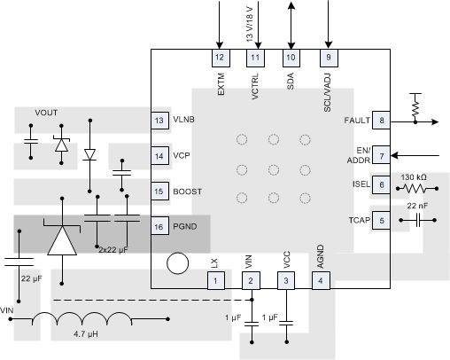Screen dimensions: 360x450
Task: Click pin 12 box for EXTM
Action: click(220, 57)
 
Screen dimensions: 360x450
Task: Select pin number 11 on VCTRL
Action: click(255, 57)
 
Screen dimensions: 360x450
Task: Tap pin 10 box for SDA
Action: click(291, 57)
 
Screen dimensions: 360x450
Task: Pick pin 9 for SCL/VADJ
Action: click(328, 57)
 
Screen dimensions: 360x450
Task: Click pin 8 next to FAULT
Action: click(381, 121)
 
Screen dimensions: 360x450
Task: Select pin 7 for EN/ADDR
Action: click(381, 156)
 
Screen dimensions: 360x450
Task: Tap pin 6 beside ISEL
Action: click(381, 184)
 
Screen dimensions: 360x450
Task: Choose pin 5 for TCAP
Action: click(381, 220)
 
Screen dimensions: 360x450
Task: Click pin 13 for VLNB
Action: click(159, 120)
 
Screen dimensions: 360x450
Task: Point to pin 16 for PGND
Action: click(159, 226)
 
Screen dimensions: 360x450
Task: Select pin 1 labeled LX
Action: click(214, 281)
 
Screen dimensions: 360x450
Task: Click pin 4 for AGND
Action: click(319, 281)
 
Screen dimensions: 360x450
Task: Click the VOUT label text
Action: click(47, 113)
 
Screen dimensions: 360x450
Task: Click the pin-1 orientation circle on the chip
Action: click(179, 263)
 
